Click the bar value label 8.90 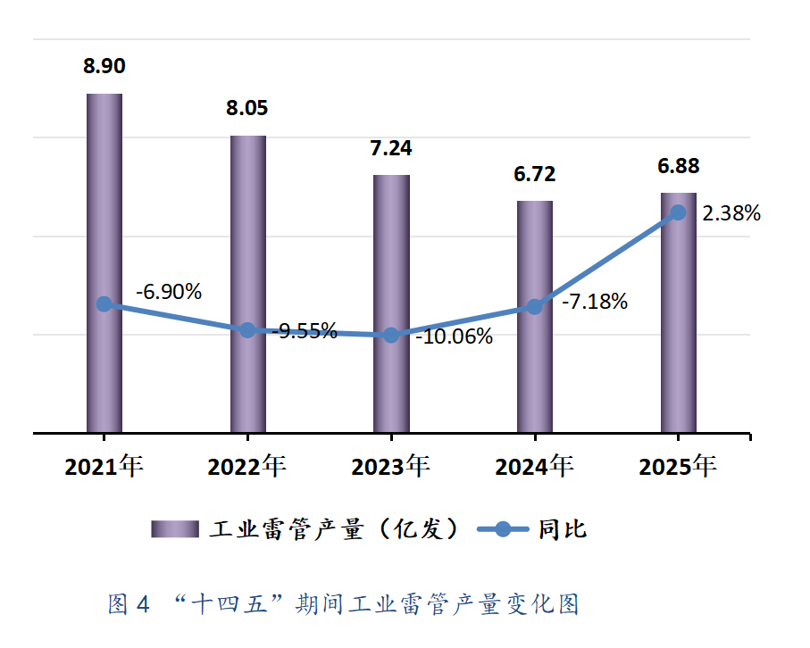point(104,65)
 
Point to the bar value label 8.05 point(247,108)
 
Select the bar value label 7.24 point(391,148)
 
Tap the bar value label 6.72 point(534,173)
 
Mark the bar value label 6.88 point(679,166)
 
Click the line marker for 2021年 point(104,304)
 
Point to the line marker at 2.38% point(678,212)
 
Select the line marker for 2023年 point(391,336)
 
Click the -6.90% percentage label point(169,292)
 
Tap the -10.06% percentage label point(454,336)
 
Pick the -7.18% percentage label point(595,302)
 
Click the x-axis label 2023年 point(391,466)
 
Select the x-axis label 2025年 point(678,466)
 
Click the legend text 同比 point(563,529)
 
